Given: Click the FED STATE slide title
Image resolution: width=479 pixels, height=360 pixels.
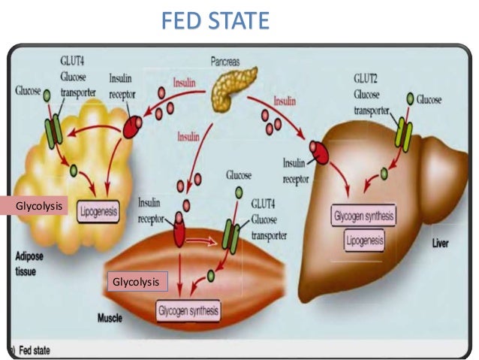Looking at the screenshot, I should (215, 20).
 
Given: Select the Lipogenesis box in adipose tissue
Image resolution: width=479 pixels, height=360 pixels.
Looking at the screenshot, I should (97, 212).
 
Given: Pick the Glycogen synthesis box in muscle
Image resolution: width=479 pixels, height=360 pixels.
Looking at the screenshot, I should (188, 310).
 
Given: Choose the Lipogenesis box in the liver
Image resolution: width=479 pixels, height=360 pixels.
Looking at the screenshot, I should (364, 241).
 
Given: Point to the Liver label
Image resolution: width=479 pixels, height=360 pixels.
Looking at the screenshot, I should (441, 245).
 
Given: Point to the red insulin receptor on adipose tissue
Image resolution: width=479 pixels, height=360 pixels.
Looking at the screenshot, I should (133, 127).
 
